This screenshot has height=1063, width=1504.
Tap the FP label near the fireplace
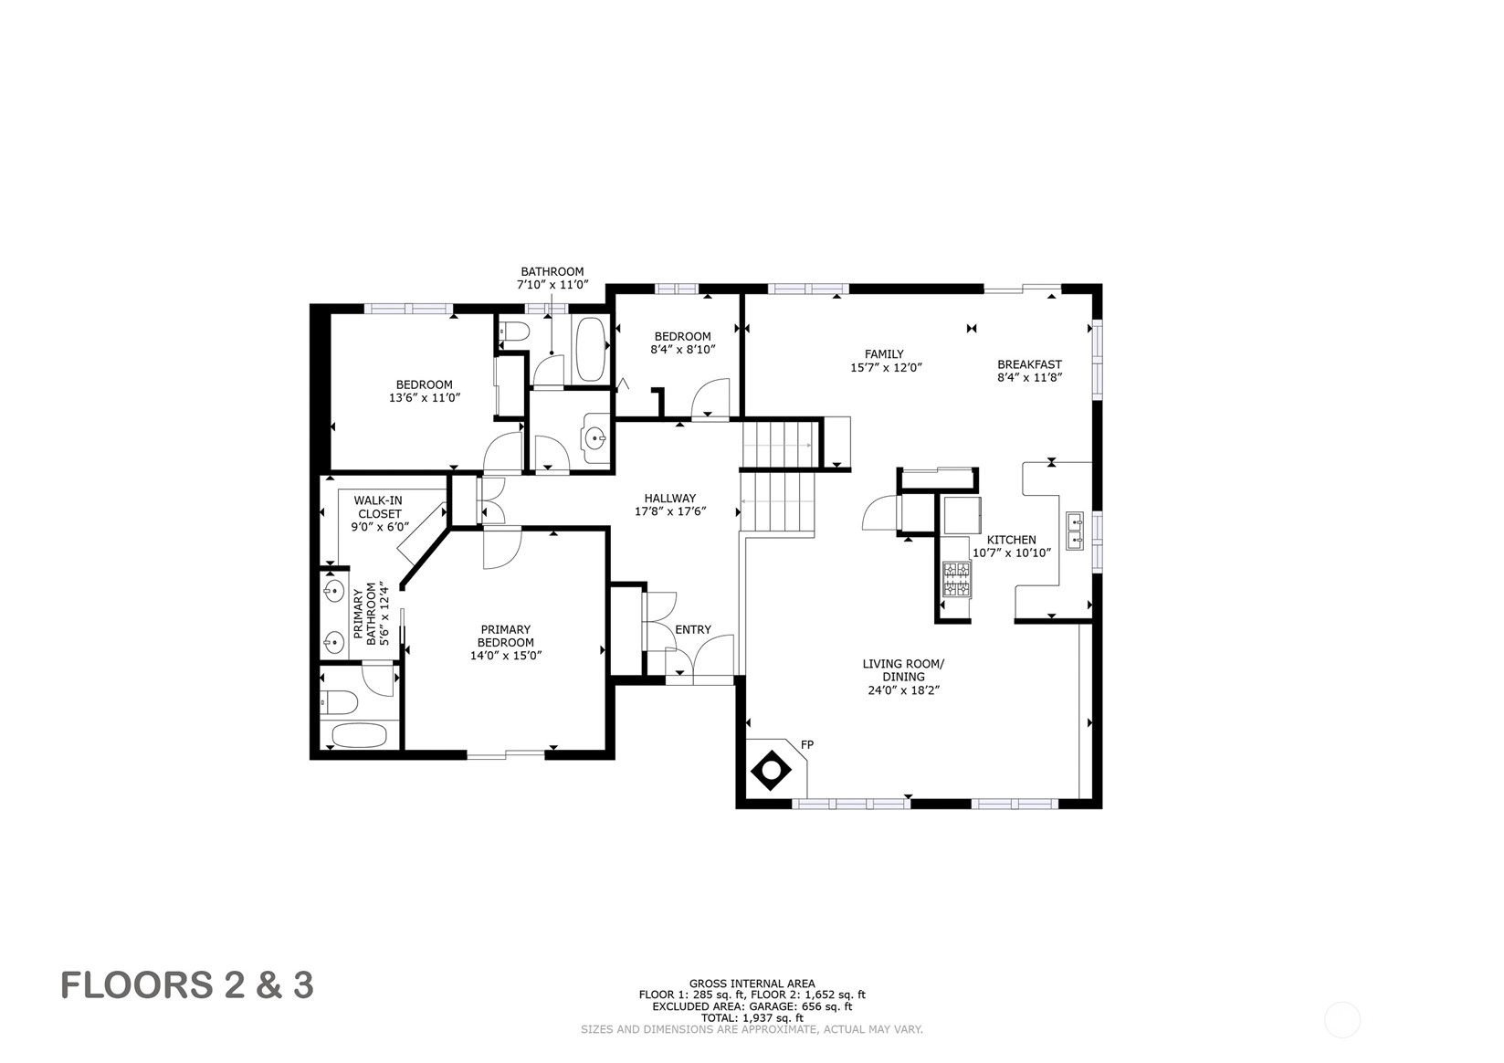[x=807, y=744]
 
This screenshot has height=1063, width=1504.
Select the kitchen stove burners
[x=957, y=580]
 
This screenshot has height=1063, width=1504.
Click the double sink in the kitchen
[x=1075, y=531]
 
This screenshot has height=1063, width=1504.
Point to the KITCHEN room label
[x=1011, y=540]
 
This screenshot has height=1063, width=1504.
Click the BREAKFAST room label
[x=1029, y=364]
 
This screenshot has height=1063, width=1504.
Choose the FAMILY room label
[x=884, y=354]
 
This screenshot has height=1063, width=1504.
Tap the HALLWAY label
[x=670, y=499]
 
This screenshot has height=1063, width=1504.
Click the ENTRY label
[x=693, y=630]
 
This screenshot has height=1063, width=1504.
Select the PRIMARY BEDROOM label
[x=506, y=636]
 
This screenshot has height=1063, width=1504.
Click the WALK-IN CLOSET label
[x=378, y=507]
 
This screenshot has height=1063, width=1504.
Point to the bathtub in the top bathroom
[x=591, y=349]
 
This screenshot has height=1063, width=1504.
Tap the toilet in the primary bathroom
[x=339, y=703]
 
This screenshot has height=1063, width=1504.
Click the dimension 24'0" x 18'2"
[x=903, y=690]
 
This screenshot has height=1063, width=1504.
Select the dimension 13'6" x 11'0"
[x=425, y=397]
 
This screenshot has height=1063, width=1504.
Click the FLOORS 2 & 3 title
[x=187, y=985]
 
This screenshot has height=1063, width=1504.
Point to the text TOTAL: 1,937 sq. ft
[x=752, y=1018]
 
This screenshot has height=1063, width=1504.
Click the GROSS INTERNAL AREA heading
[x=752, y=984]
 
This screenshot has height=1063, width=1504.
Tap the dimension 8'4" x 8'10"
[x=683, y=349]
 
